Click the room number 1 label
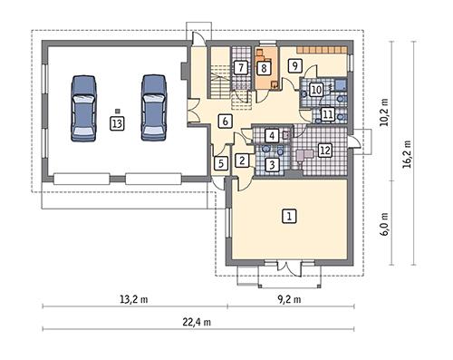point(289,216)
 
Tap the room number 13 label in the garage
point(117,123)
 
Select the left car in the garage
point(82,106)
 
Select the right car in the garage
point(152,106)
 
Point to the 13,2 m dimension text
point(132,297)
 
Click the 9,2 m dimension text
point(288,297)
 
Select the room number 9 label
point(294,66)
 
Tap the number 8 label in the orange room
point(264,67)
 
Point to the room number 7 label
point(240,67)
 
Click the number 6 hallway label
point(225,121)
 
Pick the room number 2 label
point(242,161)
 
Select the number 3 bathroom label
point(272,164)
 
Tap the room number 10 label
point(317,90)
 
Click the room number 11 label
point(327,114)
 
